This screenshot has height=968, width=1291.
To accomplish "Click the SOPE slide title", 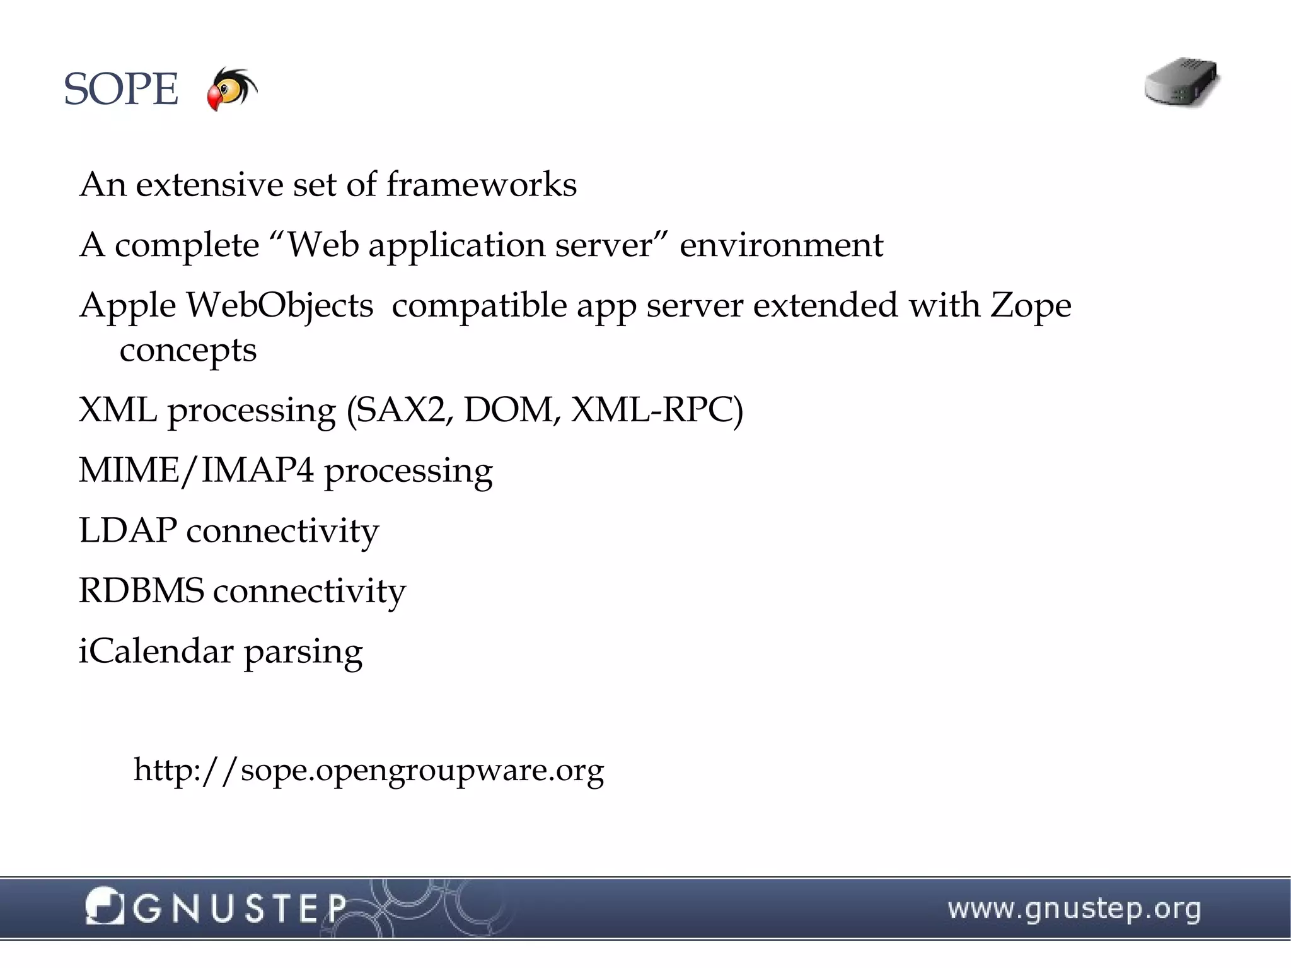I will pos(121,90).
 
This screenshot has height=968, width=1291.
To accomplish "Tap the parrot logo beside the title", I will pos(231,88).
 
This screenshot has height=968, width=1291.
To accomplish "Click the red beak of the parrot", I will pos(215,100).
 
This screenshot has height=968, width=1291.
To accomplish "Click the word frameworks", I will pos(481,185).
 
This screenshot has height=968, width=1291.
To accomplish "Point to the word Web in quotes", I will pos(323,245).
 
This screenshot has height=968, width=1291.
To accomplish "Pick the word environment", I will pos(781,245).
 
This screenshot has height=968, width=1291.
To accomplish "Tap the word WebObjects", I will pos(279,305).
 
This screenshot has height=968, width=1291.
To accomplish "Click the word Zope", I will pos(1030,305).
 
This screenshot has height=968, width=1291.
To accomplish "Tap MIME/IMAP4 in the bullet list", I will pos(195,470).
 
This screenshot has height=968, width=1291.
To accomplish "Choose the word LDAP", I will pos(127,530).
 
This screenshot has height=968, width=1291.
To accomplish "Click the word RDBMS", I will pos(141,591).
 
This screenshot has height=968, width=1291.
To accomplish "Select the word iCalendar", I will pos(156,651).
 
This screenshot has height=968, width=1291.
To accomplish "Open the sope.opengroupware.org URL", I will pos(369,770).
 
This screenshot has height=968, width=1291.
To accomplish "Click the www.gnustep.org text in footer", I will pos(1074,909).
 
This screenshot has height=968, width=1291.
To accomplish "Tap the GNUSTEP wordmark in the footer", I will pos(240,909).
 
